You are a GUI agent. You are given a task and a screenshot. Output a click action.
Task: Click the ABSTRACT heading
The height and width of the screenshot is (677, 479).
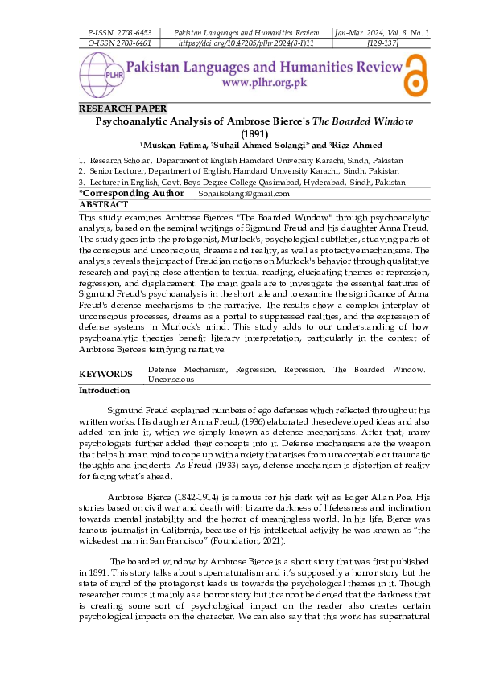click(x=103, y=205)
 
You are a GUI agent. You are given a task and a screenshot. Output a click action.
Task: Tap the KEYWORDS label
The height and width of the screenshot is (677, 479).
click(x=105, y=374)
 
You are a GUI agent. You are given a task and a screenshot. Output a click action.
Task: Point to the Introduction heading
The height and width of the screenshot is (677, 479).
click(x=104, y=391)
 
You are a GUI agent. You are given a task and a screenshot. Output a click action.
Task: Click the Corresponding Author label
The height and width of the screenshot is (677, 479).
click(x=131, y=194)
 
